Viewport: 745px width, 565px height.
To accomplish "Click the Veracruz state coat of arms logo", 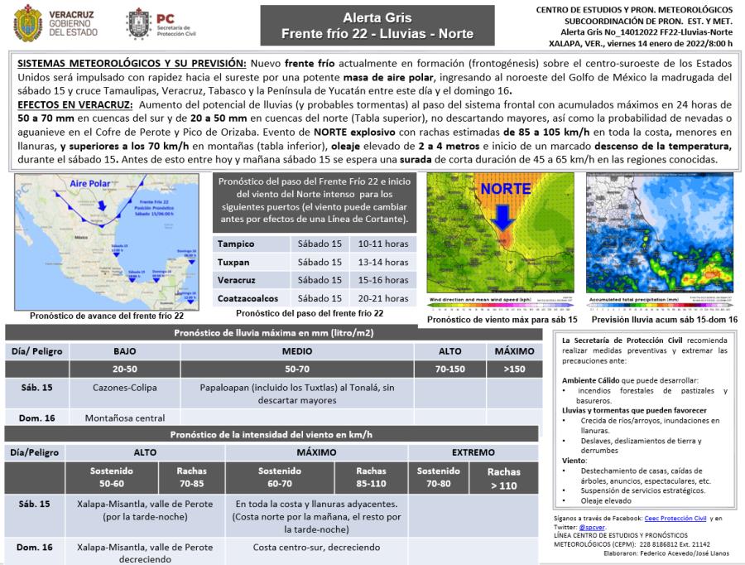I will coord(28,23).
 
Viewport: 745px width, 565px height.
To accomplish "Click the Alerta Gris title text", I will coord(377,17).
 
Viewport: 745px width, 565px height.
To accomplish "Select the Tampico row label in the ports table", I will coord(236,244).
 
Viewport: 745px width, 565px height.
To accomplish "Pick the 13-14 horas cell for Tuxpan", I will coord(383,262).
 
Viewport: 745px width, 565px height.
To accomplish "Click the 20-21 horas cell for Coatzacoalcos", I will coord(383,298).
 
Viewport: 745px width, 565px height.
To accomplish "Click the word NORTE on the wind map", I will coord(506,190).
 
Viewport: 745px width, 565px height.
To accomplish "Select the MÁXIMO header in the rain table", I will coord(514,351).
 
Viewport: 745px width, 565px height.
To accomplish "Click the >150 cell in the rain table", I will coord(514,369).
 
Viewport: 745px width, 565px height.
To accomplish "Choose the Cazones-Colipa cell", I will coord(125,387).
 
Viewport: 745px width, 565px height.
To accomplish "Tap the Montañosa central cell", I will coord(125,418).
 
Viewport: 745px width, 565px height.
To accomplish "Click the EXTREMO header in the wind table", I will coord(473,452).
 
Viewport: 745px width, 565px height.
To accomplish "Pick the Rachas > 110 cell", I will coord(504,478).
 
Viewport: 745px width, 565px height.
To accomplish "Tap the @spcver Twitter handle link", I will coord(592,527).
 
